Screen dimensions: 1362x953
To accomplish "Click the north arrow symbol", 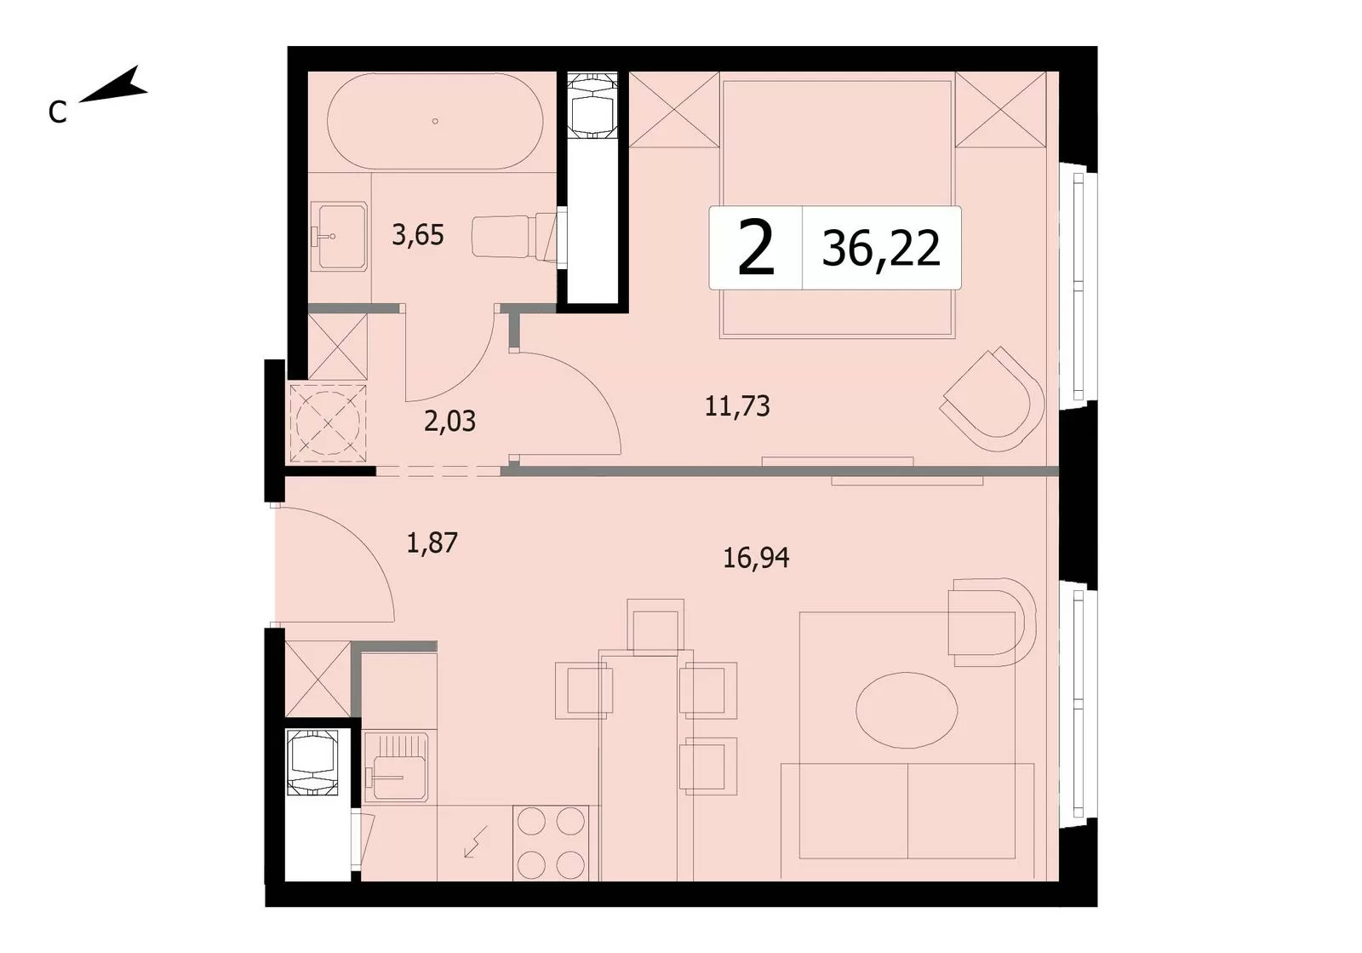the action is point(114,85).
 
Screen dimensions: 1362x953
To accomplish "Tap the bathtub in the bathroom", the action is point(435,121).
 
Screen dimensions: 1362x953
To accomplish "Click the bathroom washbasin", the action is point(339,236).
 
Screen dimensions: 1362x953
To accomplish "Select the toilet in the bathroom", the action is point(515,237).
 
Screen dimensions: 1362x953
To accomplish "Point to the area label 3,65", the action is point(418,235).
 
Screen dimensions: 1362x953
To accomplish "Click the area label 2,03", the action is point(449,421).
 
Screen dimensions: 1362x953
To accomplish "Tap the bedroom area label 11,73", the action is point(737,405).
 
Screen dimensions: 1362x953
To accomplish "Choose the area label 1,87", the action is point(432,543).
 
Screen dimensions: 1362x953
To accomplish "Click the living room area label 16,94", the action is point(756,557).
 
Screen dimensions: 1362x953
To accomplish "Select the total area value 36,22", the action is point(881,248).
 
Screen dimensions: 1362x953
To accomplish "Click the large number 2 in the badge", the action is point(756,248).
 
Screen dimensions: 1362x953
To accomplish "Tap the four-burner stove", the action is point(551,843).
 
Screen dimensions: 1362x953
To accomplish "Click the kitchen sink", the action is point(396,766).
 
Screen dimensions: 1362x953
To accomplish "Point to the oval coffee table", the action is point(907,710).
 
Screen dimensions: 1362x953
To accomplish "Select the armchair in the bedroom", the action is point(993,399).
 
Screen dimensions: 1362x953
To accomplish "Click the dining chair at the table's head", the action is point(655,627).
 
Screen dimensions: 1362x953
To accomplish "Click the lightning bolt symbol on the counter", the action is point(476,841).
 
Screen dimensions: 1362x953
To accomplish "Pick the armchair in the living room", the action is point(992,623).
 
